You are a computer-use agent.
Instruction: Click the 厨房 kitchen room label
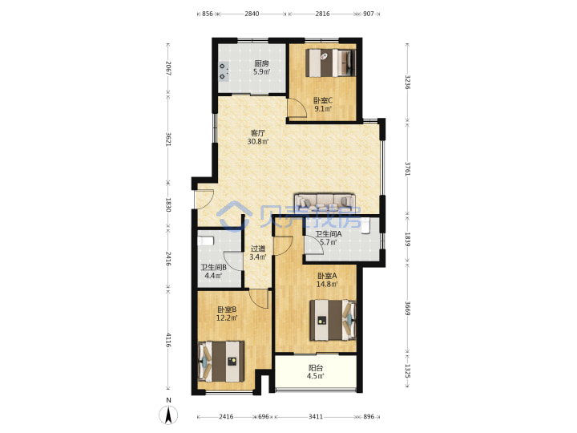(261, 63)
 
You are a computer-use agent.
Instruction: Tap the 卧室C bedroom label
(323, 100)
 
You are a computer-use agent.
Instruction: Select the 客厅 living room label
(257, 133)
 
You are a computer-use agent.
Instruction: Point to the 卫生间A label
(329, 234)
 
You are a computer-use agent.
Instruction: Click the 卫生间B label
(213, 268)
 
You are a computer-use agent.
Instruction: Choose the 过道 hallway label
(257, 249)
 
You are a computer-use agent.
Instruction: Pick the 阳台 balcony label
(316, 368)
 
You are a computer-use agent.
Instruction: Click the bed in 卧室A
(333, 320)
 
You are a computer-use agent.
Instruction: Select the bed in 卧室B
(221, 362)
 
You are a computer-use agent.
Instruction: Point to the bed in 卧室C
(331, 63)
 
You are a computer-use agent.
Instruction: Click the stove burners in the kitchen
(223, 71)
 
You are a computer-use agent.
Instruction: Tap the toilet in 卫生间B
(206, 241)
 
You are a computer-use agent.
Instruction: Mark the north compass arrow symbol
(168, 415)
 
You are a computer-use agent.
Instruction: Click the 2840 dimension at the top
(252, 14)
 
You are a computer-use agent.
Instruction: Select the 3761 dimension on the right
(407, 168)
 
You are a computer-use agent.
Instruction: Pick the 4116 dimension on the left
(168, 340)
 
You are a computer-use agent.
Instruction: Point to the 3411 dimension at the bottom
(316, 417)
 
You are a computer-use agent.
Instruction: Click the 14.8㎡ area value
(328, 284)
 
